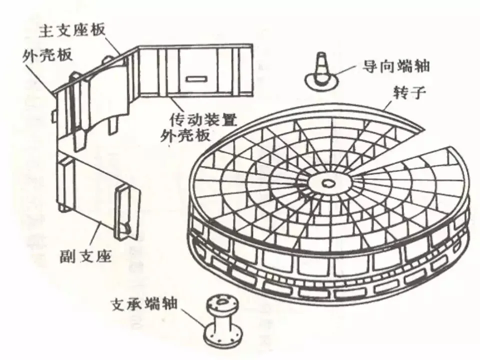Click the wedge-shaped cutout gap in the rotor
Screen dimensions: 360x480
pos(395,150)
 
